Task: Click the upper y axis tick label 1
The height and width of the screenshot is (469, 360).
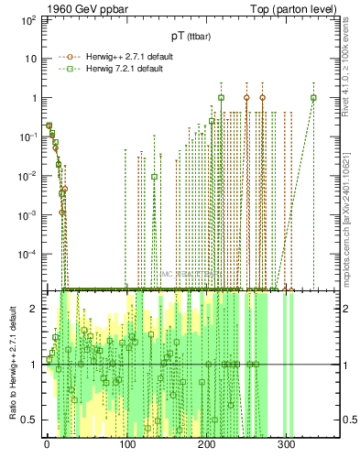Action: (34, 98)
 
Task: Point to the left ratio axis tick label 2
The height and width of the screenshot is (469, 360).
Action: (35, 309)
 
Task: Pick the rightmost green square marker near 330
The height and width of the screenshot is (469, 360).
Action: (313, 98)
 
